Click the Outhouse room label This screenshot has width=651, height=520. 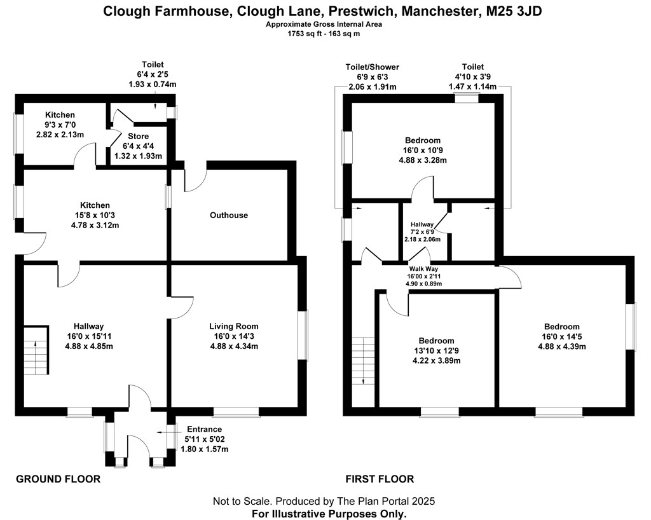pyautogui.click(x=229, y=215)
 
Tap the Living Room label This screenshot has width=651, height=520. pyautogui.click(x=234, y=326)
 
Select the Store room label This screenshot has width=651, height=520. pyautogui.click(x=138, y=136)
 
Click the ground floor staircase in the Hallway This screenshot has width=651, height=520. pyautogui.click(x=36, y=351)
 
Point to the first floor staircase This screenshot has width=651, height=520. pyautogui.click(x=364, y=361)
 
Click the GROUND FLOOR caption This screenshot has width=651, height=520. pyautogui.click(x=58, y=479)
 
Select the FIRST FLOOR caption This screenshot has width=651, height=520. pyautogui.click(x=380, y=479)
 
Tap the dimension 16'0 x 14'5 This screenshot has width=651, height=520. pyautogui.click(x=562, y=336)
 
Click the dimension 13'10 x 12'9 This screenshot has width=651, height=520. pyautogui.click(x=436, y=351)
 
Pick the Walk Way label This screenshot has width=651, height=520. pyautogui.click(x=423, y=269)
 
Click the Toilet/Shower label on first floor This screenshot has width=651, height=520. pyautogui.click(x=373, y=67)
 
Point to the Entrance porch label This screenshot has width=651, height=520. pyautogui.click(x=204, y=429)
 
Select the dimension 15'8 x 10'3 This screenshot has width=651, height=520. pyautogui.click(x=95, y=215)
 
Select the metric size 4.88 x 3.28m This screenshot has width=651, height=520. pyautogui.click(x=423, y=160)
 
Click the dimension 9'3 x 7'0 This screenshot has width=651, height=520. pyautogui.click(x=60, y=125)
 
